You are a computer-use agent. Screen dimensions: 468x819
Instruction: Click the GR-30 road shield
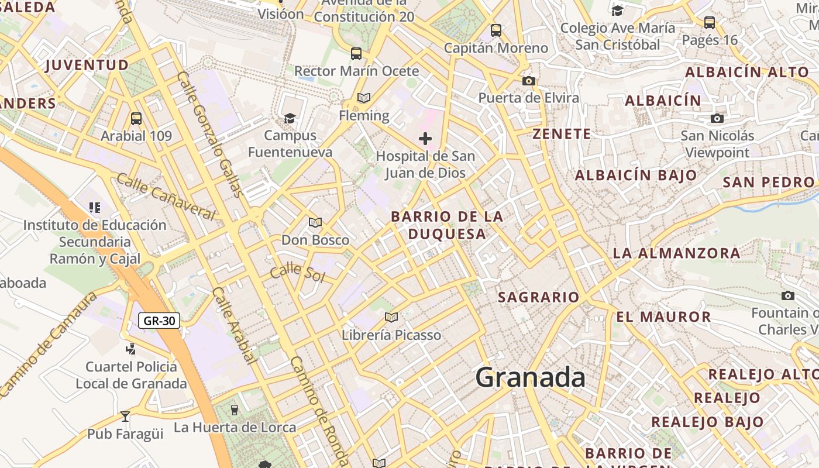click(x=159, y=321)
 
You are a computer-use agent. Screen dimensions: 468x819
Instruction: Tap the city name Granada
click(x=530, y=377)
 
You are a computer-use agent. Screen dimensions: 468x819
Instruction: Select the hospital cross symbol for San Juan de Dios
click(x=425, y=139)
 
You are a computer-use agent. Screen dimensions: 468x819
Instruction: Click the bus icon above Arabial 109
click(x=136, y=119)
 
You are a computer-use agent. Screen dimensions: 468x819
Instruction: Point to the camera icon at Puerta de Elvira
click(x=529, y=81)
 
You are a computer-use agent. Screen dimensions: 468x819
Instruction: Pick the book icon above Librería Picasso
click(x=391, y=317)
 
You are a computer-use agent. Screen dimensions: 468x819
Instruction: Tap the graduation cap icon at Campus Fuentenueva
click(x=290, y=118)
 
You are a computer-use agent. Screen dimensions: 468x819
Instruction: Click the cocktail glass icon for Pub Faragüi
click(x=125, y=417)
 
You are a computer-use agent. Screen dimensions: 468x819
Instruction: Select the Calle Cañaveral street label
click(x=166, y=197)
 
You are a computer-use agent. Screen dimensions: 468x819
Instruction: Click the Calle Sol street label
click(x=297, y=272)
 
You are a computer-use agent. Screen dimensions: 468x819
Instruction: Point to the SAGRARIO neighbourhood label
click(x=538, y=297)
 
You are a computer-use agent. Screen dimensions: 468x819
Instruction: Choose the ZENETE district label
click(x=562, y=134)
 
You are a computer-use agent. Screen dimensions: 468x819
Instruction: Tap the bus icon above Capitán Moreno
click(x=496, y=30)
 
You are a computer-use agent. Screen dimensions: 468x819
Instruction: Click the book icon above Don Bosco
click(x=315, y=222)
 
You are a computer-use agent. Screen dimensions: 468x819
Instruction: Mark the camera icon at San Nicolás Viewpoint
click(x=717, y=118)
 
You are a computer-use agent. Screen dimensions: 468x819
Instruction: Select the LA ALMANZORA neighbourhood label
click(x=676, y=253)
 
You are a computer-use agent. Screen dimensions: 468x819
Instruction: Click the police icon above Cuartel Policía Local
click(x=131, y=349)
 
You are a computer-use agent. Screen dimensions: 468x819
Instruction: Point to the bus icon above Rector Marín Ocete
click(x=356, y=54)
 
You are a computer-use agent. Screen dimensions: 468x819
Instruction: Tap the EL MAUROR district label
click(x=663, y=317)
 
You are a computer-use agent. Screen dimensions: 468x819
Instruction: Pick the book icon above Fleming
click(x=364, y=98)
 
